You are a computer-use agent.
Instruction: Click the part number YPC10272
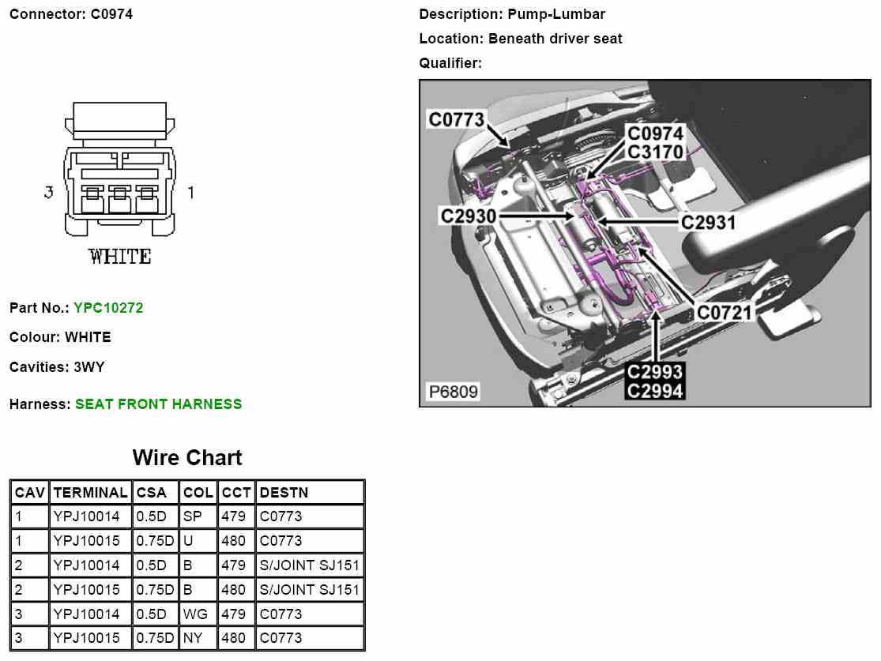click(108, 308)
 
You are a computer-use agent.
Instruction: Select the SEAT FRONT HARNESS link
click(158, 404)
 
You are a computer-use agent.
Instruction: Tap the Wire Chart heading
click(187, 458)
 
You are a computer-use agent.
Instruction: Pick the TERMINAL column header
click(90, 493)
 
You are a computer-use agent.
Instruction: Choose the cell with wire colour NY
click(194, 638)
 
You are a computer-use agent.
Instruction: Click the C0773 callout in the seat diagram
click(456, 120)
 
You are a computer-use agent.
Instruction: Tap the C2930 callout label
click(468, 215)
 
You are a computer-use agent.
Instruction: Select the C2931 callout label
click(708, 223)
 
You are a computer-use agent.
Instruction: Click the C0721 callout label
click(724, 313)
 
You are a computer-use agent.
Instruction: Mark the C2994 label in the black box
click(655, 389)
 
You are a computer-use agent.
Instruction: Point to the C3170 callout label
click(655, 151)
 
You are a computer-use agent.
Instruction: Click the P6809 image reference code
click(453, 392)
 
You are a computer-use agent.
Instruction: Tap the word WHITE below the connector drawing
click(119, 257)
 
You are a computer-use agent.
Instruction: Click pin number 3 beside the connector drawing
click(49, 192)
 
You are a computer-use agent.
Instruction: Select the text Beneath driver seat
click(555, 39)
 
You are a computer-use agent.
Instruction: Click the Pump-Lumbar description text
click(556, 14)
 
